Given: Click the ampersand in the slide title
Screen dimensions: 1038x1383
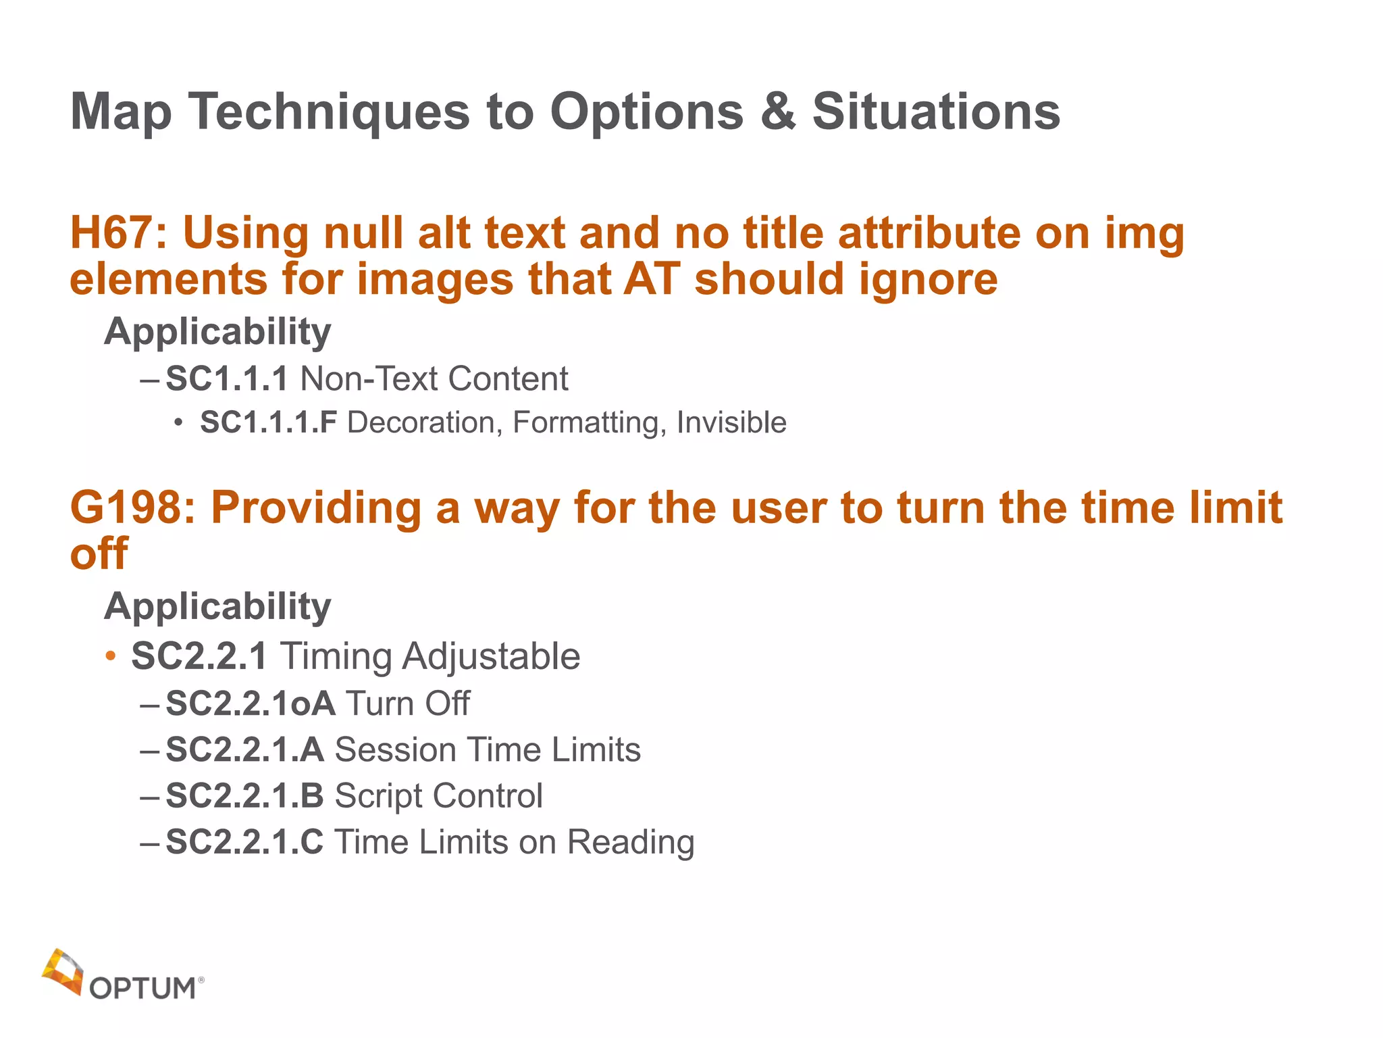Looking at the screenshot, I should click(x=778, y=112).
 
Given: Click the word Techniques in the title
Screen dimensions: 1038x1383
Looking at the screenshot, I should click(x=328, y=112).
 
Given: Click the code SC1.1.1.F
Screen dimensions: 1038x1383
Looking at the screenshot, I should click(x=269, y=422).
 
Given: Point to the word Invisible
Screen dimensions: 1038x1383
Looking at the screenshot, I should click(x=731, y=422).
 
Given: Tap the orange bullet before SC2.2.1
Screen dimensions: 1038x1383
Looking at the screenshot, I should click(x=111, y=656).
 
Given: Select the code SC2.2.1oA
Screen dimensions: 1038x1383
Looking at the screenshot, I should click(x=251, y=703).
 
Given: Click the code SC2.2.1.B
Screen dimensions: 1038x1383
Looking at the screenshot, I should click(x=245, y=795).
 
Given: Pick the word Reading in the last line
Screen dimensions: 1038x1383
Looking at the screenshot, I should click(x=630, y=842).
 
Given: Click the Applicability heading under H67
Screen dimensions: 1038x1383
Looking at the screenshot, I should click(x=217, y=331).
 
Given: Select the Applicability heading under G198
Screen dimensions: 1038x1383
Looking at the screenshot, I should click(x=217, y=605).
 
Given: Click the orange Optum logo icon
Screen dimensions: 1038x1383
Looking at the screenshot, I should click(x=62, y=972).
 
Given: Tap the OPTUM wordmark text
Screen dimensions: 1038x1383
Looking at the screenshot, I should click(x=143, y=989).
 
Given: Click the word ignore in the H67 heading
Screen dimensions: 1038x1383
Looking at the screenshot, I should click(x=928, y=280).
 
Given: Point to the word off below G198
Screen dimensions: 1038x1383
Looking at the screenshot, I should click(x=99, y=553).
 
